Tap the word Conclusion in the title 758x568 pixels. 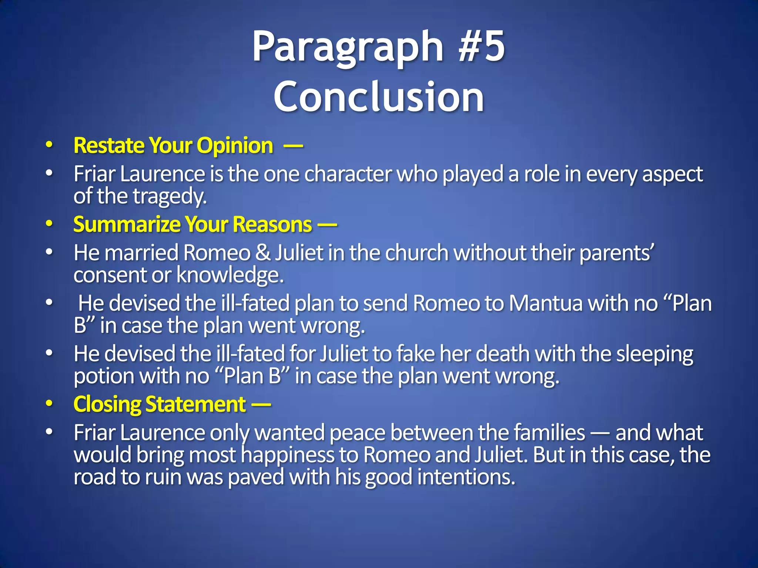click(379, 97)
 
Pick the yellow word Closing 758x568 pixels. click(107, 404)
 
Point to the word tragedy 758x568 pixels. click(170, 196)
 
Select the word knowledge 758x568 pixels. click(230, 275)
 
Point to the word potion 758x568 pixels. click(104, 376)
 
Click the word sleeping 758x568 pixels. click(655, 354)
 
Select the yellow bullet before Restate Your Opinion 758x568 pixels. click(49, 145)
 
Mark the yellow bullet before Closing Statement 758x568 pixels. click(49, 404)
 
